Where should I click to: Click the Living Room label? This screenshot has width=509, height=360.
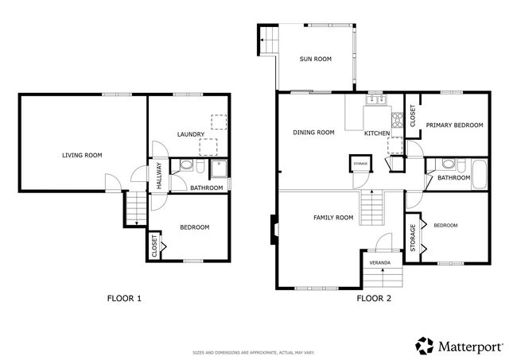tap(83, 155)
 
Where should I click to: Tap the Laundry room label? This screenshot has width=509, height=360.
tap(192, 134)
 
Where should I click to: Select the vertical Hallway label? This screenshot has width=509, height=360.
tap(159, 174)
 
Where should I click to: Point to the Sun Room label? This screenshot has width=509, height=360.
tap(315, 59)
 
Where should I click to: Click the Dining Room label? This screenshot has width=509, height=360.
tap(313, 133)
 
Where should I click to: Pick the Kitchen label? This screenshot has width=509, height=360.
tap(376, 134)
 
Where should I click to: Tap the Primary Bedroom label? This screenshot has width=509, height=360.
tap(454, 126)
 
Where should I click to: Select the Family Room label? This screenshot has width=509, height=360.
tap(333, 217)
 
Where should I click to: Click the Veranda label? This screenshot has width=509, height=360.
tap(379, 262)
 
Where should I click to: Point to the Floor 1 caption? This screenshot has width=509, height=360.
tap(124, 299)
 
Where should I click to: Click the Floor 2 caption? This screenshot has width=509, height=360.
tap(374, 299)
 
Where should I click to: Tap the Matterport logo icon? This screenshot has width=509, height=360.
tap(424, 345)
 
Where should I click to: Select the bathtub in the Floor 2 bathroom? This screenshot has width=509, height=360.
tap(478, 174)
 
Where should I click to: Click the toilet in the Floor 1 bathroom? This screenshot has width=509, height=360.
tap(186, 167)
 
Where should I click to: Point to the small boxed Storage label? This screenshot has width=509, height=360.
tap(360, 163)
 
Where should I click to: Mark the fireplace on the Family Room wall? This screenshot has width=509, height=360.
tap(274, 230)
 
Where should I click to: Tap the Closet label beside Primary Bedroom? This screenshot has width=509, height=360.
tap(412, 115)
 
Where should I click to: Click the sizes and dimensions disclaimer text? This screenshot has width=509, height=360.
tap(254, 352)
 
